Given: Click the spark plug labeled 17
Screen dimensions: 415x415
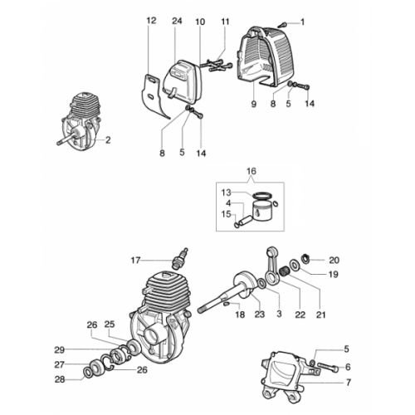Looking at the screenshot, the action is (180, 259).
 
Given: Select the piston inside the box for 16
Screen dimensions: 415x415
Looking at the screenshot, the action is (262, 211).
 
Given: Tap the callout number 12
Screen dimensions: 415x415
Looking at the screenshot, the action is (151, 21).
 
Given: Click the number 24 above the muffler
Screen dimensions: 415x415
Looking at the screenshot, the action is (177, 21).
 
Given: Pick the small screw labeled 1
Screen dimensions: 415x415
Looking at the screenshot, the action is (282, 25).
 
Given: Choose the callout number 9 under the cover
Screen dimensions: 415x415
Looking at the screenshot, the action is (254, 104).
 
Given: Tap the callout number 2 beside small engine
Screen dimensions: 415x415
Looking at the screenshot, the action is (108, 140).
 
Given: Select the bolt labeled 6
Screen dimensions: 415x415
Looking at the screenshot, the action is (328, 367).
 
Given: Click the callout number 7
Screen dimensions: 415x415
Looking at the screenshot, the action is (349, 383).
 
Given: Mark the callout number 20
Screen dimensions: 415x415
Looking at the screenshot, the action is (334, 260).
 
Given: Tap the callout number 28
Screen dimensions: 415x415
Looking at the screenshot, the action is (60, 379).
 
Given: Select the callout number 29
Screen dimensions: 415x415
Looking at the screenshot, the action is (59, 350).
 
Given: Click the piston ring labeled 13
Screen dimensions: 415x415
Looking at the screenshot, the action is (261, 196).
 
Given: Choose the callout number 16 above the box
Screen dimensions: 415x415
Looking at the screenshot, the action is (251, 171).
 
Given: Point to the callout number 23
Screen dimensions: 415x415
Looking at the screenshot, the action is (260, 315).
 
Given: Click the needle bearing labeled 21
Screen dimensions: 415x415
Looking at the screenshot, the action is (285, 270).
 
